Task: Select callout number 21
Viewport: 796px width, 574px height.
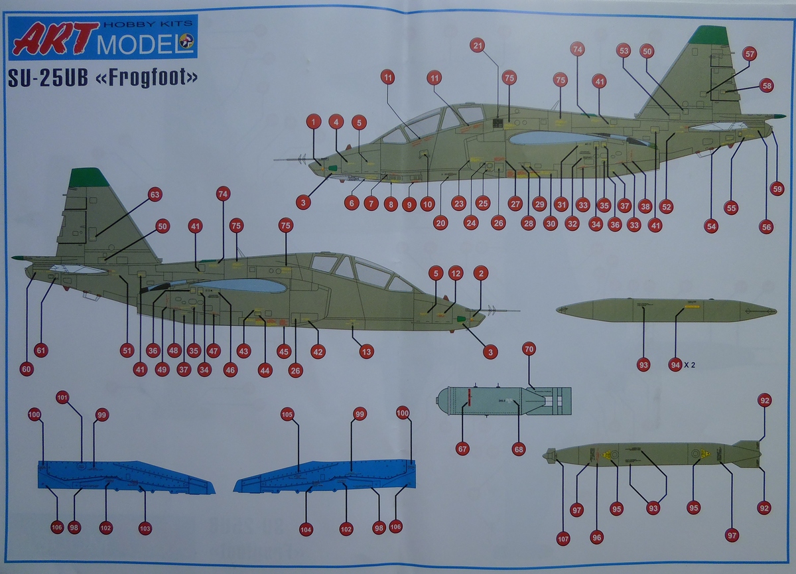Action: (478, 45)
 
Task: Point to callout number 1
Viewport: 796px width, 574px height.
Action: (314, 121)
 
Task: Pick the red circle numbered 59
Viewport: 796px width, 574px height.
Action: (777, 188)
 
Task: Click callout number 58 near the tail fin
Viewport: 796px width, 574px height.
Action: (767, 85)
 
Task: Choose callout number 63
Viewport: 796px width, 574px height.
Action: (155, 194)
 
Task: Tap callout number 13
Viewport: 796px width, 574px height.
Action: (367, 352)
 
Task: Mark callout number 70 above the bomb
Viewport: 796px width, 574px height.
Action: (529, 348)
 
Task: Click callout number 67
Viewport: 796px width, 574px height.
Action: (462, 449)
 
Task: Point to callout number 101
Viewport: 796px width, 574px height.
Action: (62, 397)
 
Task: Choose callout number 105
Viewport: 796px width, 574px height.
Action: (287, 414)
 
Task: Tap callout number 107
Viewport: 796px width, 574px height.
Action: (563, 539)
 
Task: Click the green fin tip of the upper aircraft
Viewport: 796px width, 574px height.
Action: (708, 35)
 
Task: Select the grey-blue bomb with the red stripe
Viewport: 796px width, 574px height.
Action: (503, 401)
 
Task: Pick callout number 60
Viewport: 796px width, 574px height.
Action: (27, 370)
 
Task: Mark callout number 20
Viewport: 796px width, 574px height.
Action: (440, 223)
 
